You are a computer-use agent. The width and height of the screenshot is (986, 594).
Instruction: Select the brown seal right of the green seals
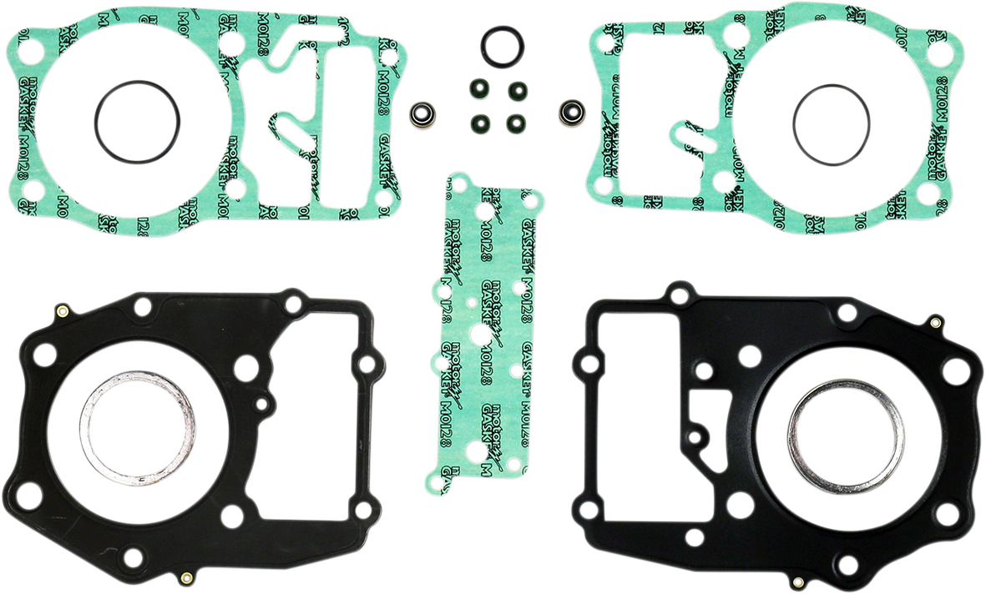tap(570, 109)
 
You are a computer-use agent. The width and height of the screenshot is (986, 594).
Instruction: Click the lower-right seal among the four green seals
tap(515, 122)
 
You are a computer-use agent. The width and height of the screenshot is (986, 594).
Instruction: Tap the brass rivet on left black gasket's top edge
tap(61, 313)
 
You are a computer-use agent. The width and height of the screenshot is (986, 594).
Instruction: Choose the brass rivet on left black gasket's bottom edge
tap(185, 577)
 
